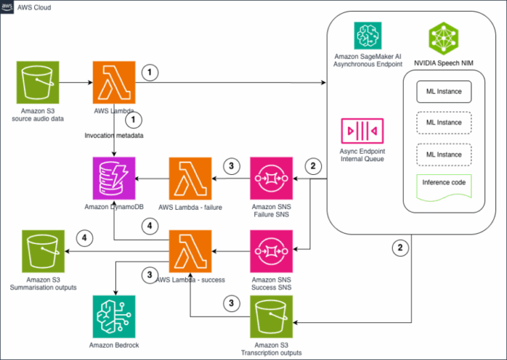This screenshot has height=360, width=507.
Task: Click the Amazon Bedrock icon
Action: (x=113, y=317)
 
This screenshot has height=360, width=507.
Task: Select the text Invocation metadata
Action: (x=111, y=136)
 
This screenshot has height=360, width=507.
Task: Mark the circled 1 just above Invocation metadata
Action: (x=132, y=117)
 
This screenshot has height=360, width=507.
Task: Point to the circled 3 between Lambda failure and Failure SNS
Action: (x=231, y=165)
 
